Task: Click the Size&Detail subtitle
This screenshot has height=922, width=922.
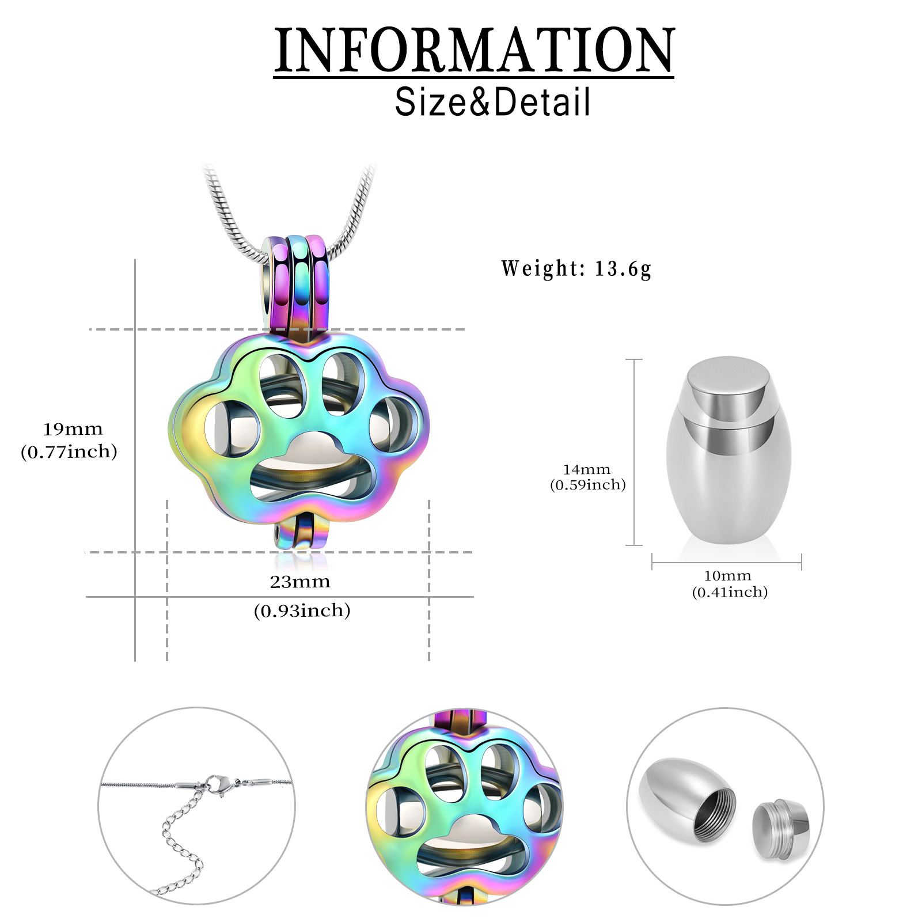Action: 492,102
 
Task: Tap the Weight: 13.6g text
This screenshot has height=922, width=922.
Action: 576,269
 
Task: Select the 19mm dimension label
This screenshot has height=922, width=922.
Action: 73,429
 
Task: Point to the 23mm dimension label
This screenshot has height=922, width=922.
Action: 300,582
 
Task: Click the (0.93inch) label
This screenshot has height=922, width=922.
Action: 302,610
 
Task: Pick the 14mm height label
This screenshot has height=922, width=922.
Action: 587,469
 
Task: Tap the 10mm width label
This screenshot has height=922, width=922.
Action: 728,575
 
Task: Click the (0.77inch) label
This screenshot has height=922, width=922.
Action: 69,451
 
